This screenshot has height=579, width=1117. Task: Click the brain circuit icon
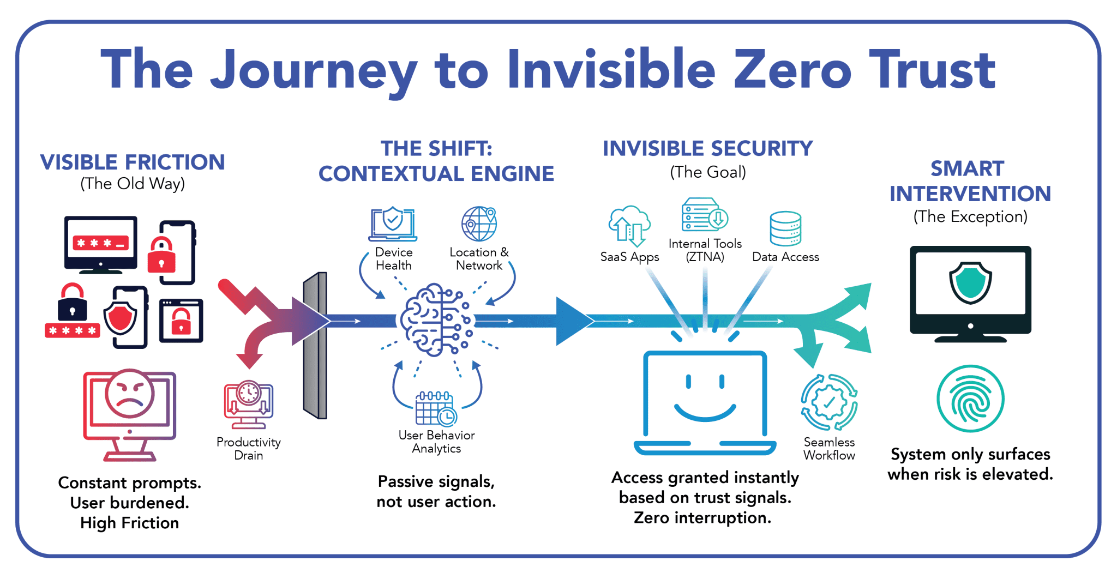click(x=435, y=320)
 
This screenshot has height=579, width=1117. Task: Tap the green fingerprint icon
click(x=970, y=399)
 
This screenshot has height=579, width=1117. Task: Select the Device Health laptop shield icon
click(x=393, y=224)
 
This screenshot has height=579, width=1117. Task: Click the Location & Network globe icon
click(x=479, y=224)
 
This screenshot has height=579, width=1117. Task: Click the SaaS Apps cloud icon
click(x=629, y=225)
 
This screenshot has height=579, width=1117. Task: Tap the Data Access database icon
click(x=785, y=229)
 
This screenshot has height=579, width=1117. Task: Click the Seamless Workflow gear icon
click(x=829, y=402)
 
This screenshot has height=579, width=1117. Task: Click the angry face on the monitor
click(x=129, y=394)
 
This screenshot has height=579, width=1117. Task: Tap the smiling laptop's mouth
click(x=705, y=413)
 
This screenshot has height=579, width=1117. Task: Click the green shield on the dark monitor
click(x=970, y=282)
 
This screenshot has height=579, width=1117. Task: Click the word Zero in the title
click(x=792, y=70)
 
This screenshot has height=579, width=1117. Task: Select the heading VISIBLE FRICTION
click(x=133, y=162)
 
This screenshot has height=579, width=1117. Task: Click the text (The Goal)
click(x=707, y=172)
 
